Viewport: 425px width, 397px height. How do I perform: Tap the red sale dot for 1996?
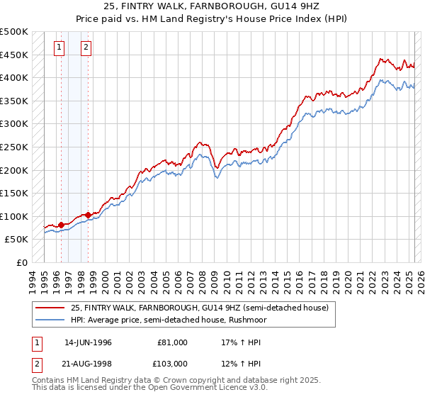61,225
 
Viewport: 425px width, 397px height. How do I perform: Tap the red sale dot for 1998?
88,215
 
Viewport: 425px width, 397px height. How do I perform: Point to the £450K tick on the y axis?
14,55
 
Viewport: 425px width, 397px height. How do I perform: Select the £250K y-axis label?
14,147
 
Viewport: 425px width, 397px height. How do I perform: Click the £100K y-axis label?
14,216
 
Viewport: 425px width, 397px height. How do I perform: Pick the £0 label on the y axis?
22,262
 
